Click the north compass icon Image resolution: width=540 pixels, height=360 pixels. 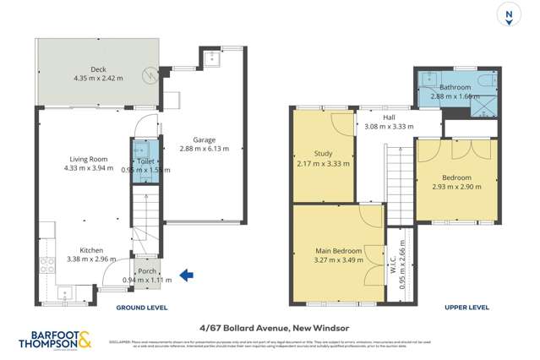tap(508, 16)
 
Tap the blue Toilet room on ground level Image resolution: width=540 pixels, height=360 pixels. tap(146, 157)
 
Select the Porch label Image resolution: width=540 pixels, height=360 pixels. tap(146, 270)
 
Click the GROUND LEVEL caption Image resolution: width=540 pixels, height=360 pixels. tap(141, 308)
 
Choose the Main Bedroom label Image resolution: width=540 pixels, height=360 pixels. tap(339, 251)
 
